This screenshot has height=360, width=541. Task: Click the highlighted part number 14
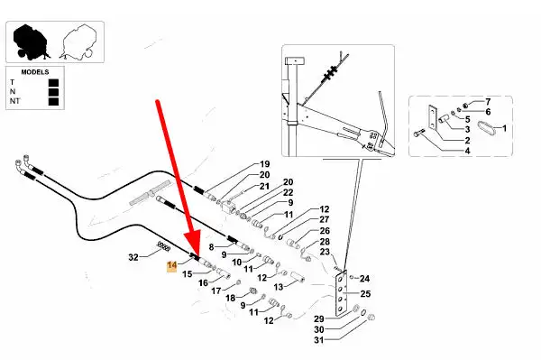click(x=172, y=265)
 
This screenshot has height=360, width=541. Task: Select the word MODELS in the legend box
click(x=35, y=72)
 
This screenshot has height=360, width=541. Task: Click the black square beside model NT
click(x=53, y=101)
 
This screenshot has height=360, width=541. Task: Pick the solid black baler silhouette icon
click(x=31, y=42)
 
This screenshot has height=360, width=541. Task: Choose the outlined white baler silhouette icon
click(x=77, y=42)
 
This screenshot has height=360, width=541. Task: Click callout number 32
click(x=133, y=257)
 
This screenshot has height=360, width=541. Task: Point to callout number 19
click(x=264, y=164)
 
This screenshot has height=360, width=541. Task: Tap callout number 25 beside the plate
click(x=365, y=294)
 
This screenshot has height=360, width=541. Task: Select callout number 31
click(x=319, y=340)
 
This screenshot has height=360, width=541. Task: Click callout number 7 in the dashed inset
click(x=488, y=102)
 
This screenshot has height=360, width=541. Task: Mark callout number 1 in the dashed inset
click(x=504, y=128)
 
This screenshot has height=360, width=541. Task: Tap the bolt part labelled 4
click(x=417, y=133)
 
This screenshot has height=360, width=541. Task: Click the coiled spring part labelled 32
click(x=163, y=246)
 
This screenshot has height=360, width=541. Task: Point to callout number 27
click(x=325, y=219)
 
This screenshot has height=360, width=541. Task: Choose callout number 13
click(x=279, y=287)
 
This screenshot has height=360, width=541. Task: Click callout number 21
click(x=264, y=187)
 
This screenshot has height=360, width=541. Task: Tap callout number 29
click(x=319, y=318)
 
